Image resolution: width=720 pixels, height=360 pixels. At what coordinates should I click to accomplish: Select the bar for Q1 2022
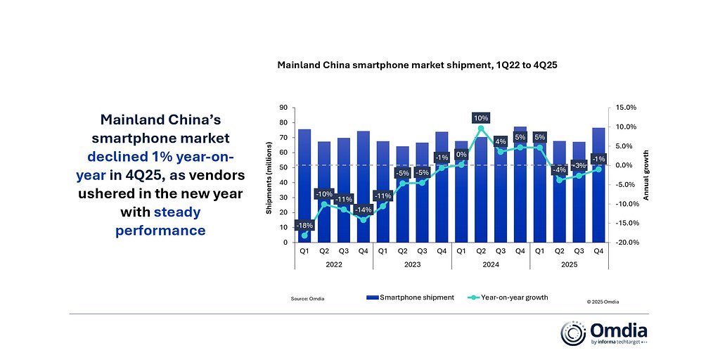click(x=304, y=183)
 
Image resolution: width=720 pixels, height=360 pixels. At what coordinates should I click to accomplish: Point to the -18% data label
click(x=304, y=224)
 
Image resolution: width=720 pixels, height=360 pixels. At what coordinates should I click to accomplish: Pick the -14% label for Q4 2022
click(x=363, y=209)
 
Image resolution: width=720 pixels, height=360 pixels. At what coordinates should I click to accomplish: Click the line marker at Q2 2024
click(x=481, y=129)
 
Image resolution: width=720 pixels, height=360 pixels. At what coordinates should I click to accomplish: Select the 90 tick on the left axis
click(x=284, y=108)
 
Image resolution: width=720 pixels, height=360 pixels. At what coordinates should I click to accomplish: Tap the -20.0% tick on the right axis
click(x=626, y=243)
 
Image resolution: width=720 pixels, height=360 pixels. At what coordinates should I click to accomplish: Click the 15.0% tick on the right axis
click(x=626, y=108)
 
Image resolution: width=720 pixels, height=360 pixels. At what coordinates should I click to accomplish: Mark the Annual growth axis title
click(x=646, y=175)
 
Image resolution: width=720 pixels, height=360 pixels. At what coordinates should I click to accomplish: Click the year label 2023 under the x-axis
click(x=412, y=264)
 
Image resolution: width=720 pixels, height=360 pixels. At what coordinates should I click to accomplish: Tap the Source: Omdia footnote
click(x=308, y=299)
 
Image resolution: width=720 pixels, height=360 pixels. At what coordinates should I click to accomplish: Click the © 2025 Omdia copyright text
click(x=603, y=301)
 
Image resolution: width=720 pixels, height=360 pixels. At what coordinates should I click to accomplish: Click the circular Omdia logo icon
click(x=573, y=333)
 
